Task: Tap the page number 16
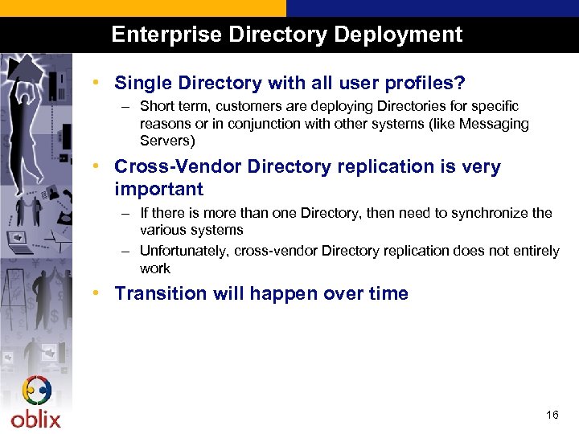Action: (x=552, y=415)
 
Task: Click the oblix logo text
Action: (x=35, y=419)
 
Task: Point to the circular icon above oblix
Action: (x=37, y=391)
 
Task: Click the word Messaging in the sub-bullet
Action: (x=493, y=124)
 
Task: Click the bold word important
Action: (x=158, y=189)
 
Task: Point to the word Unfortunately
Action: (x=184, y=251)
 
